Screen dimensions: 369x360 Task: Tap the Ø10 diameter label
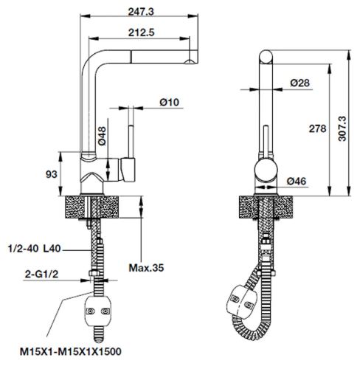[x=170, y=103]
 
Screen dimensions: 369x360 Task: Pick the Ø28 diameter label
[x=300, y=83]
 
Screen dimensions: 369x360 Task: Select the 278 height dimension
[x=318, y=128]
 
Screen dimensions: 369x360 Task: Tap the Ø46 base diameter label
[x=297, y=180]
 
